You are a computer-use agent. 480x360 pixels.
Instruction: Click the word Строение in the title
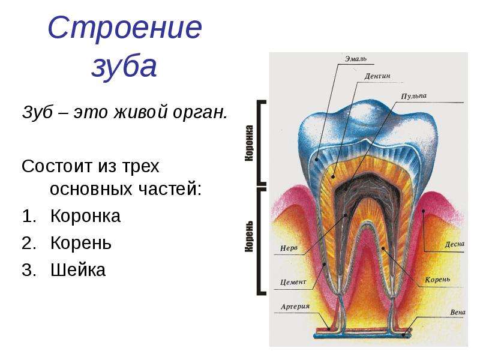125,28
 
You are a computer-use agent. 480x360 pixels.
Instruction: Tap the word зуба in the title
124,67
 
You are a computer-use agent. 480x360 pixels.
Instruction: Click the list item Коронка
85,216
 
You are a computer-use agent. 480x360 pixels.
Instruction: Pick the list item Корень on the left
81,243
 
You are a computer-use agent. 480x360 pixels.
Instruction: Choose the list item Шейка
78,269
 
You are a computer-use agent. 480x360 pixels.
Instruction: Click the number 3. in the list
29,270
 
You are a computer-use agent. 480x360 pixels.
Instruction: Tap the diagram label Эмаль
355,58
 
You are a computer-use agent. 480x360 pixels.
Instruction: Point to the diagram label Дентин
377,76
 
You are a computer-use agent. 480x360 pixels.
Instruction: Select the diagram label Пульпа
413,96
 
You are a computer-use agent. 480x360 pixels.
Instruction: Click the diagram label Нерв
289,248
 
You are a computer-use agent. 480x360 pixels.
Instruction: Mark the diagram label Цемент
293,281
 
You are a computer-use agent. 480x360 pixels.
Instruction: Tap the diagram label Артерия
295,306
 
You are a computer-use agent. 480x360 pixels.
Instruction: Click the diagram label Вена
458,312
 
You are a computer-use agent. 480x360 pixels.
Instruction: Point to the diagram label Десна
455,245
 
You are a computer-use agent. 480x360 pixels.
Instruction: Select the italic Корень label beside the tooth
437,280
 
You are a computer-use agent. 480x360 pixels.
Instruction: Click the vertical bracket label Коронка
249,143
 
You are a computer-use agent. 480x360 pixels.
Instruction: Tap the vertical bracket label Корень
249,236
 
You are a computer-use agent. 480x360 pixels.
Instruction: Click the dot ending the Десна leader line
424,211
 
